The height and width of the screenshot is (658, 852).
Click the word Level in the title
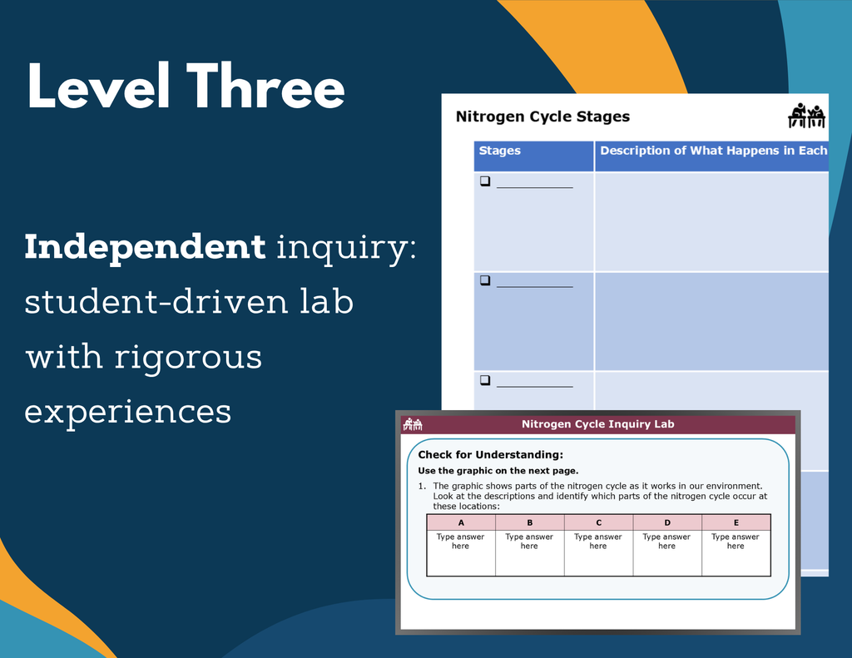[x=98, y=86]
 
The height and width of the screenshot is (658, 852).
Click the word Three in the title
[x=265, y=86]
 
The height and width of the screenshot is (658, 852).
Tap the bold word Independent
[x=145, y=248]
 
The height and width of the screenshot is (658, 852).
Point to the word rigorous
[x=188, y=358]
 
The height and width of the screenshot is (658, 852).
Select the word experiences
[x=127, y=413]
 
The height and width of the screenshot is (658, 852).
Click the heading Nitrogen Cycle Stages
[x=542, y=116]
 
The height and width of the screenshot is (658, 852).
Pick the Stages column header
[x=499, y=151]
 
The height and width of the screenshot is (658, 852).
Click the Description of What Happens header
[x=713, y=151]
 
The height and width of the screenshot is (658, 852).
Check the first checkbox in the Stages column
[x=485, y=181]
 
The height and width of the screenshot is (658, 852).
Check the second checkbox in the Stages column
[x=485, y=280]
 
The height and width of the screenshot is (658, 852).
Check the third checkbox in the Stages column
[x=485, y=380]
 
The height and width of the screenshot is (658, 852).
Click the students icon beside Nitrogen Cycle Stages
[x=806, y=115]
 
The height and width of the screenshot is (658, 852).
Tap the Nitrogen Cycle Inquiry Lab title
[x=597, y=423]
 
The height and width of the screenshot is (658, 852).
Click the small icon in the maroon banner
[x=413, y=423]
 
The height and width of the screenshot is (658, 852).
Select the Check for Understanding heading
[x=491, y=455]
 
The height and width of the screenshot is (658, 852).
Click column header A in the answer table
[x=461, y=522]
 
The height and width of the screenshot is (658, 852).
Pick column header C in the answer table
[x=598, y=522]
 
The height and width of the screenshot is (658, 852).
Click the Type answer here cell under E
[x=736, y=542]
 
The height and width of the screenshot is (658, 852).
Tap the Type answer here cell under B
[x=529, y=542]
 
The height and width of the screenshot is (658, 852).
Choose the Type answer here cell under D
[x=666, y=542]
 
